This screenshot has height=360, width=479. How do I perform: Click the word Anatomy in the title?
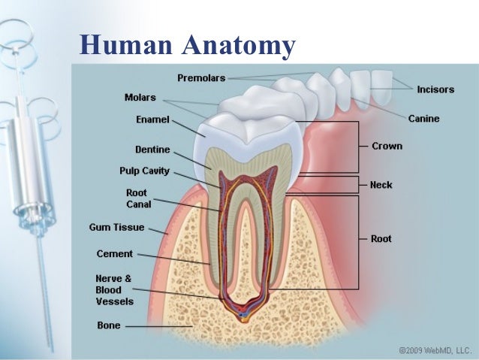point(238,47)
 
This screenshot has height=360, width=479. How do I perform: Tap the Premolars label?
point(201,77)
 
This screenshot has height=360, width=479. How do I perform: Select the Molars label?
point(140,97)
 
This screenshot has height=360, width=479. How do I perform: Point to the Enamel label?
point(152,119)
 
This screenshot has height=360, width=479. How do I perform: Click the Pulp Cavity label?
point(144,171)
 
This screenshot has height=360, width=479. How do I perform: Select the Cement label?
point(114,254)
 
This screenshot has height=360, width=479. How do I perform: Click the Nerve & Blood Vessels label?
point(114,289)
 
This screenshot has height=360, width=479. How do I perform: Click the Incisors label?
point(435,89)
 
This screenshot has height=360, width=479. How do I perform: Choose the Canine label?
point(423,119)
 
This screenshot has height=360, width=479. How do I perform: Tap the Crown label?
point(387,147)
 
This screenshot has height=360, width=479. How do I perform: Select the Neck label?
point(382,183)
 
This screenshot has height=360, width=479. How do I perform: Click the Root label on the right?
point(381,239)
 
